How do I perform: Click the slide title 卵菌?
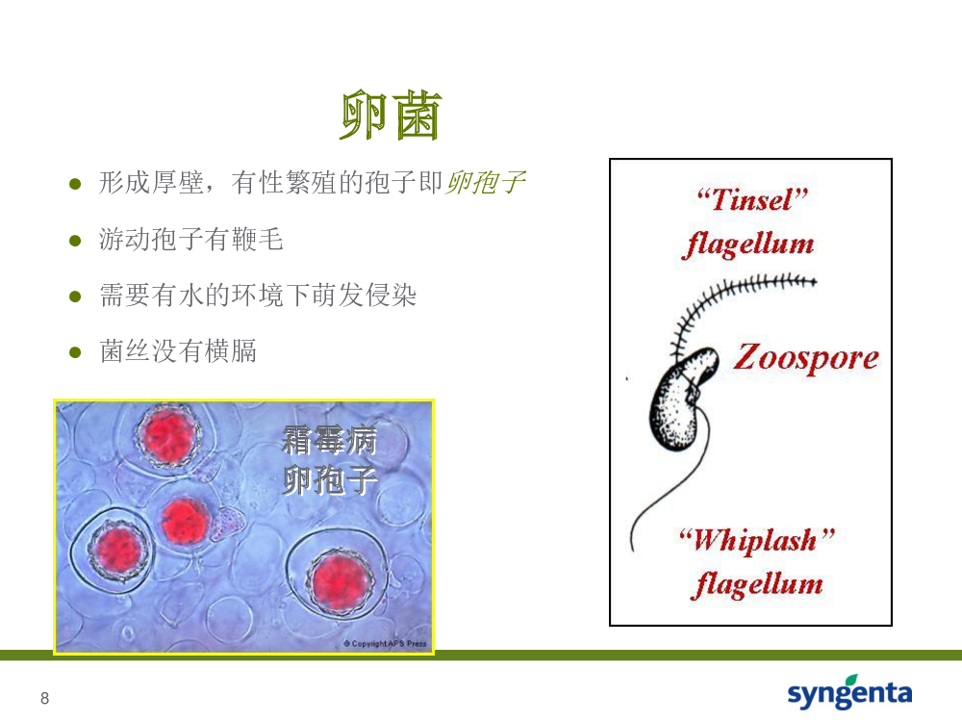[391, 116]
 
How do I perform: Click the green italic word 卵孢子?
[485, 182]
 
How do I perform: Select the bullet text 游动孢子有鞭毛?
[190, 239]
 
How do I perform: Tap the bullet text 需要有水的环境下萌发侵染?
[258, 295]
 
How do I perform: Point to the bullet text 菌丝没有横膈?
[178, 351]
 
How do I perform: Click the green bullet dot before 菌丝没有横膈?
[75, 352]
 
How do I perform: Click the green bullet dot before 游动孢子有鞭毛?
[75, 241]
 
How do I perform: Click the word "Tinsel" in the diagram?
[752, 199]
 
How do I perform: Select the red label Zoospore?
[806, 358]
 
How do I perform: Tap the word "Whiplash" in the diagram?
[757, 540]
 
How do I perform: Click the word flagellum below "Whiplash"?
[757, 584]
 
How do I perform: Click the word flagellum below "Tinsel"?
[748, 245]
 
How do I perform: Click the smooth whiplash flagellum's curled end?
[633, 540]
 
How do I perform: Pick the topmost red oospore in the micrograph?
[168, 436]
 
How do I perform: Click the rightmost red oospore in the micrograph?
[340, 581]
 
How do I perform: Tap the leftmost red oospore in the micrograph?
[117, 550]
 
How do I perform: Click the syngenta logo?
[849, 692]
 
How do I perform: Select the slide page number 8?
[45, 698]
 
